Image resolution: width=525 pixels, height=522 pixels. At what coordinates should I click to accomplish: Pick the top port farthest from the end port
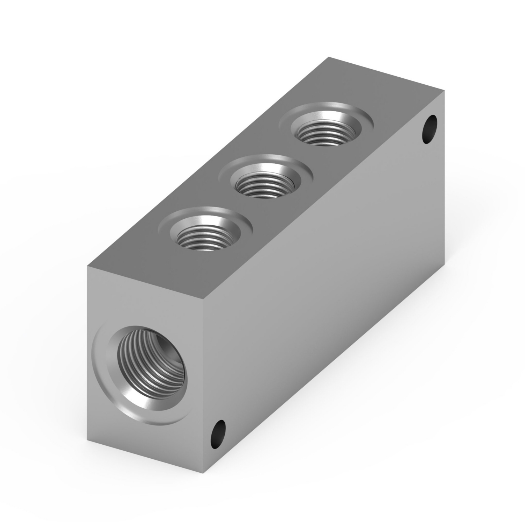pyautogui.click(x=325, y=127)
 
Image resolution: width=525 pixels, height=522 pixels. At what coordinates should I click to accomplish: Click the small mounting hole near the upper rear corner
pyautogui.click(x=429, y=129)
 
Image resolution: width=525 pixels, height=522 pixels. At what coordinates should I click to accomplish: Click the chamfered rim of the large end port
pyautogui.click(x=105, y=378)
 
